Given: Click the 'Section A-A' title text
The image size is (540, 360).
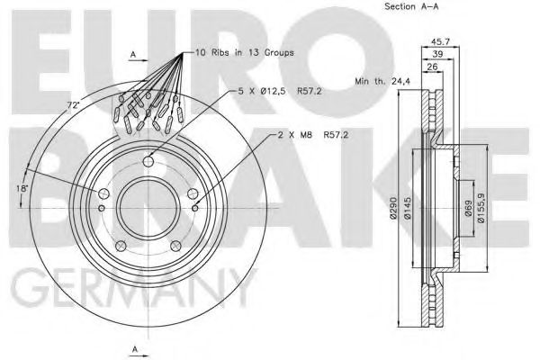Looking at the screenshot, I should (x=411, y=7).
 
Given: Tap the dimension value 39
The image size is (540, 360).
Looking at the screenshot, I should (x=437, y=55).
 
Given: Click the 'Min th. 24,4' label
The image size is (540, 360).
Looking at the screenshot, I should (x=381, y=81).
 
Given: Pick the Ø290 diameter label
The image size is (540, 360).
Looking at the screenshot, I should (x=391, y=209).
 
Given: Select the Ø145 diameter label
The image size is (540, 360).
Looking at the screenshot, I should (x=405, y=209).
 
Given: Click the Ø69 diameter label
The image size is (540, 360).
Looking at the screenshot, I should (x=467, y=209).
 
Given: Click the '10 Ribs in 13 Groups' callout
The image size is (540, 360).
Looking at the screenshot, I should (x=245, y=54).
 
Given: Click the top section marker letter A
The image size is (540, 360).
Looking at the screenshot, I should (x=133, y=55).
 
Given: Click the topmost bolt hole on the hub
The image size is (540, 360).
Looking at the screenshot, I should (x=149, y=162).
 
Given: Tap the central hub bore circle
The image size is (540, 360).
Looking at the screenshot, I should (x=149, y=207).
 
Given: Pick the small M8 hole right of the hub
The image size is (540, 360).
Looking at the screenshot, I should (x=196, y=209).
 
